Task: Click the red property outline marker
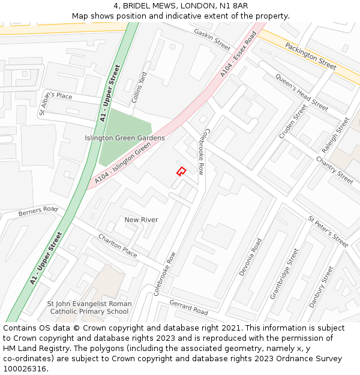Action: tap(181, 172)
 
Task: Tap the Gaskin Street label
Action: tap(212, 39)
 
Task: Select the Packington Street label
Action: tap(310, 56)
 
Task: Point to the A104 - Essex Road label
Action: tap(238, 55)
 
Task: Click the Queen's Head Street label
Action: tap(301, 92)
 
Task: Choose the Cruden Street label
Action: tap(293, 122)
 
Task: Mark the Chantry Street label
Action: tap(334, 170)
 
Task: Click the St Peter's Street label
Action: tap(328, 232)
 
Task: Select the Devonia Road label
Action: tap(250, 257)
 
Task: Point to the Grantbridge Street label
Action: tap(284, 274)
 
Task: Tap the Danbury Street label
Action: tap(321, 287)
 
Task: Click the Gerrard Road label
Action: tap(188, 307)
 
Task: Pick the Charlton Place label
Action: tap(118, 245)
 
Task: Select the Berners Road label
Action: tap(38, 212)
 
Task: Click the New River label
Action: tap(141, 220)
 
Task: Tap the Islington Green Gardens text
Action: tap(125, 138)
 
